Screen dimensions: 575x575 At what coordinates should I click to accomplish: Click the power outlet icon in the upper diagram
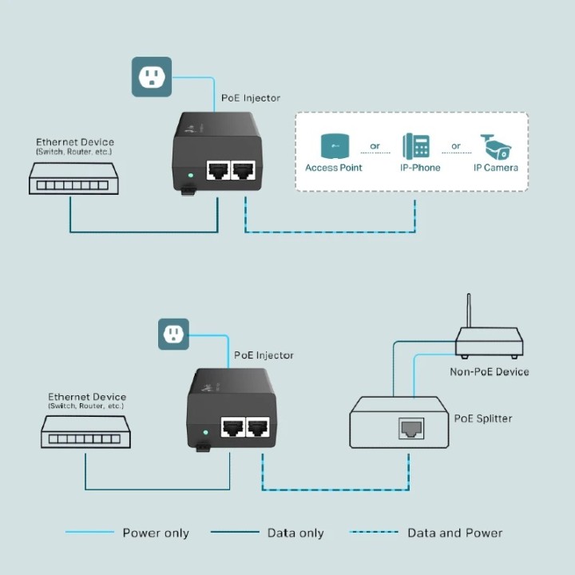click(x=151, y=77)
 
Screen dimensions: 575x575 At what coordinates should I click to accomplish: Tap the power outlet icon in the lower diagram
click(x=173, y=334)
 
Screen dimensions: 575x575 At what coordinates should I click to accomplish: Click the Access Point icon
click(x=333, y=147)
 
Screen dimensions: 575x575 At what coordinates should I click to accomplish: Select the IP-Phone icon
click(x=415, y=146)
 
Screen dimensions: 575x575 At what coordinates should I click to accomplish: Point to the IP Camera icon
click(x=495, y=147)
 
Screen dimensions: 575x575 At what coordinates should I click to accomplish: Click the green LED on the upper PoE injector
click(x=190, y=174)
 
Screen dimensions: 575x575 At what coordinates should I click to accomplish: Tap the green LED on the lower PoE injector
click(x=205, y=432)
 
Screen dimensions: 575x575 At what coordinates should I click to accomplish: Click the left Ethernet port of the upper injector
click(x=217, y=171)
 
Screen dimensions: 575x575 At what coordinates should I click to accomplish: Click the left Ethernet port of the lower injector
click(x=232, y=427)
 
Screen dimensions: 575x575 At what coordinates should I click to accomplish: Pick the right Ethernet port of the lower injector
click(x=256, y=427)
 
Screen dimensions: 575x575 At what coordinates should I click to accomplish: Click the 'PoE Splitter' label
click(x=483, y=418)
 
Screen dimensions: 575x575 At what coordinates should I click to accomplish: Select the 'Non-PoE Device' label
click(x=489, y=371)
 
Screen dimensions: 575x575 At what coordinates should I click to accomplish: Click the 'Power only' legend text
click(x=155, y=533)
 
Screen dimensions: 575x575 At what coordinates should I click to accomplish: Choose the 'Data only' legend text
click(x=295, y=533)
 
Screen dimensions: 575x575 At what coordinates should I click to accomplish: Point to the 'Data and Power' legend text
click(x=454, y=533)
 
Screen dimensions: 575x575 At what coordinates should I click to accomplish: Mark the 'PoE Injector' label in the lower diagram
click(x=264, y=355)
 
